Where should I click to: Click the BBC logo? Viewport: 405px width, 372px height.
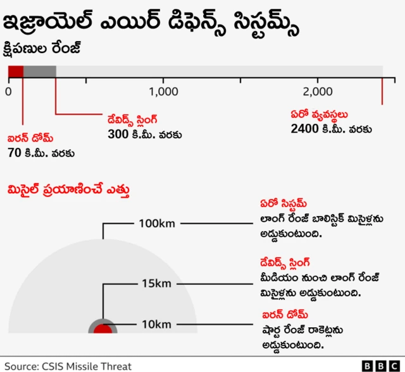(x=380, y=366)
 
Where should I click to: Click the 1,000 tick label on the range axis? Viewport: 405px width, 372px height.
(x=164, y=92)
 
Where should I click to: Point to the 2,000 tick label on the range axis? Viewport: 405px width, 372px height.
(x=318, y=92)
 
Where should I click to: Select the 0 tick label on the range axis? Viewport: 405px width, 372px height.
(x=8, y=92)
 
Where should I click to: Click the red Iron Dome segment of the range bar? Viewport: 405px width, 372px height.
(x=16, y=71)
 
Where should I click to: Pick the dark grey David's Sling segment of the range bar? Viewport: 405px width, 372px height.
(x=40, y=71)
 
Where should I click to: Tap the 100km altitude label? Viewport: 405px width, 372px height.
(x=158, y=223)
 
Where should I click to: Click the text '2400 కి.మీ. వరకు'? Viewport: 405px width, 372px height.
(x=331, y=129)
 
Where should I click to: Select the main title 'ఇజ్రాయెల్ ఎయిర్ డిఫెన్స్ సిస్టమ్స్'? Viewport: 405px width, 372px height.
(x=152, y=27)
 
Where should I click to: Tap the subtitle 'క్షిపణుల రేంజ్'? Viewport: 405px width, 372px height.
(x=44, y=49)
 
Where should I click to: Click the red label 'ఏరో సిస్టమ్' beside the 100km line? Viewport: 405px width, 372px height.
(x=283, y=204)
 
